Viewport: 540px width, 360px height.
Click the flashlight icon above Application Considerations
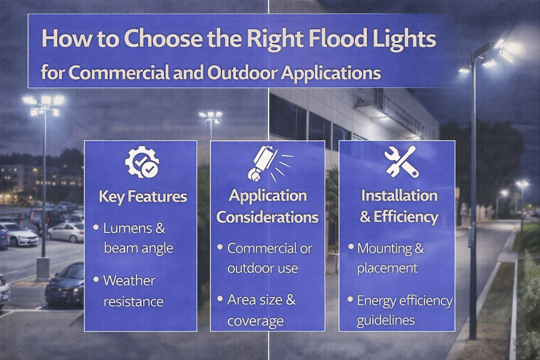point(268,162)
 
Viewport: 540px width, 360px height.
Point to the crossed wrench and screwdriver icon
point(400,161)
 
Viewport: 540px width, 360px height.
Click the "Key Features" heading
point(143,196)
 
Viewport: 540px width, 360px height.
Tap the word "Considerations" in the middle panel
point(267,217)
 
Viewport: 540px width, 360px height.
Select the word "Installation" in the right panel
point(399,195)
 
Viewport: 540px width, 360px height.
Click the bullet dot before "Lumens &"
point(96,227)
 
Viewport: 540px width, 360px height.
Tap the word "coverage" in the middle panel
point(255,320)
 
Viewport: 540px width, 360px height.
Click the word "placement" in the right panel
point(387,267)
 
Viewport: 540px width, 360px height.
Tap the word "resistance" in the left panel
point(133,301)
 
